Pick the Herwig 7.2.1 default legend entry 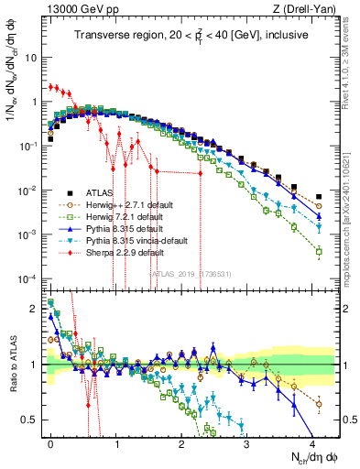(116, 216)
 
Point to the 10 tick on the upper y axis (30, 57)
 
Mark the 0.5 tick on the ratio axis (28, 420)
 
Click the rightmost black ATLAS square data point (319, 196)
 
